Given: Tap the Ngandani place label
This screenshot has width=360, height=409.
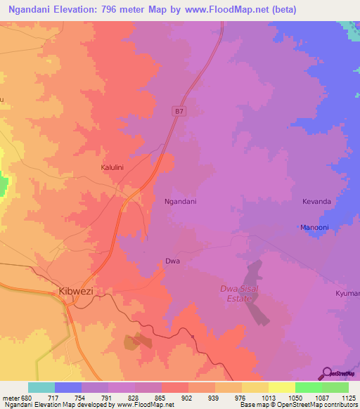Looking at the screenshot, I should pos(180,202).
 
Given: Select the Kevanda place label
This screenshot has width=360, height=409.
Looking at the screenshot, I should pos(316,202).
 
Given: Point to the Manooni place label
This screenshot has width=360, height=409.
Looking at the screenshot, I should pos(314,228).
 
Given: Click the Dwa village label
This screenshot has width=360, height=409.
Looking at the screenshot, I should pos(172,261).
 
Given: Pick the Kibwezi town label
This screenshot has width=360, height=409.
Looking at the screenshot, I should pos(74,290).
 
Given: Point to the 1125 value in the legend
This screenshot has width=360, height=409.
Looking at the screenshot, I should pos(349,398).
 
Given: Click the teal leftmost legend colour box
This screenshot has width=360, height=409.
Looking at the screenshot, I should pos(41,387).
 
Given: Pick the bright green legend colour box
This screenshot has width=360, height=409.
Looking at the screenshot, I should pos(308,387).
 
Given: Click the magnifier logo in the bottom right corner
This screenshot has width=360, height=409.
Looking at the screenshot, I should pos(328,372).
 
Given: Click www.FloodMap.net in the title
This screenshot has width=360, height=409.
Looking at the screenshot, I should pos(229,9).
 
